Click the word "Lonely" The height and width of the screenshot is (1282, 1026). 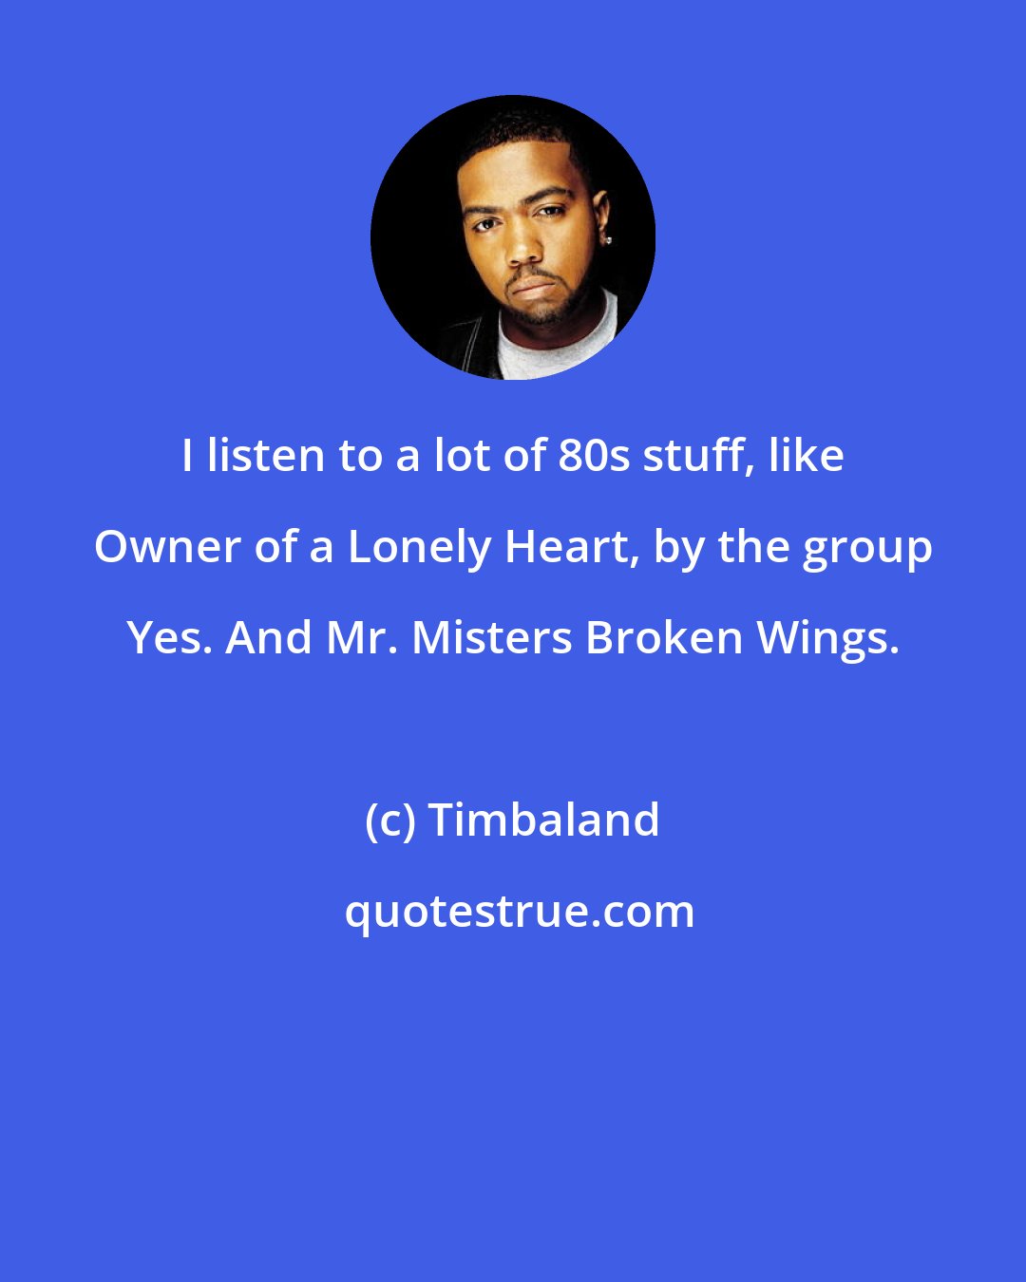418,549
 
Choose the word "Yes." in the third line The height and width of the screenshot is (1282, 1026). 169,638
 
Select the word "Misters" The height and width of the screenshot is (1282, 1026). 492,638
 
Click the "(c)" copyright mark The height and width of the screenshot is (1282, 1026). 390,820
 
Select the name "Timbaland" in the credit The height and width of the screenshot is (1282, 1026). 544,820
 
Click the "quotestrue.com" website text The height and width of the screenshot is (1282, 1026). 519,912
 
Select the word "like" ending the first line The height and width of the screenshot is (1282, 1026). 807,456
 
